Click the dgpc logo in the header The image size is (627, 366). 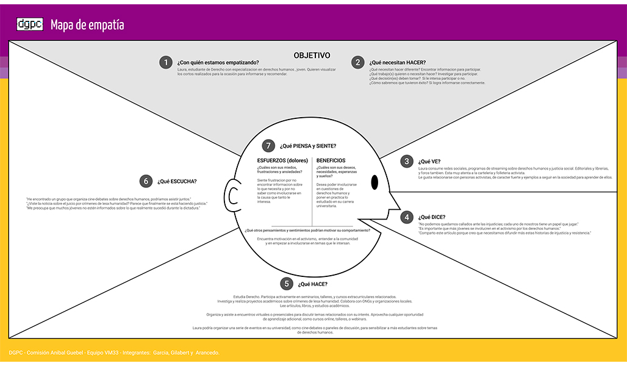tap(29, 24)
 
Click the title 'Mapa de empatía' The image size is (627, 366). tap(87, 25)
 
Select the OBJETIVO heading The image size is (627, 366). tap(312, 55)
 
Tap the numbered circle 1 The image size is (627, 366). tap(165, 62)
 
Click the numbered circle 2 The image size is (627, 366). tap(358, 62)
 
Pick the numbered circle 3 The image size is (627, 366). tap(407, 162)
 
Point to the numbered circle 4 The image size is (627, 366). tap(407, 217)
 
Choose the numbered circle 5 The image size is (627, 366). tap(286, 284)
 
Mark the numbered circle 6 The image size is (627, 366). tap(145, 181)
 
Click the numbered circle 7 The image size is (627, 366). tap(267, 146)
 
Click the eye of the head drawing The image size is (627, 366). tap(374, 182)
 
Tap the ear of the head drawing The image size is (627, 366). tap(232, 193)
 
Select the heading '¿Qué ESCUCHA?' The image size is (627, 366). tap(177, 181)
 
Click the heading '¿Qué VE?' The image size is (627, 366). tap(429, 162)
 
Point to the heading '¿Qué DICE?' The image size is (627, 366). tap(431, 217)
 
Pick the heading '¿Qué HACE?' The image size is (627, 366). tap(312, 284)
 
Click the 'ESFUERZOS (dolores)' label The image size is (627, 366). tap(282, 160)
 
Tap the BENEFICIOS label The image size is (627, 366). tap(331, 160)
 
